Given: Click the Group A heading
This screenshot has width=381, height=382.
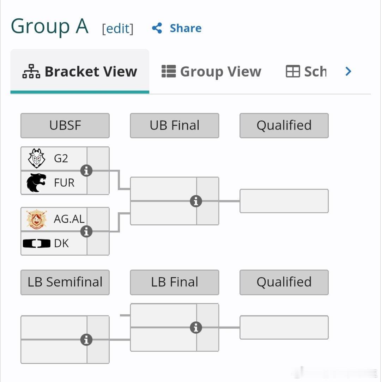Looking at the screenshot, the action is pos(49,26).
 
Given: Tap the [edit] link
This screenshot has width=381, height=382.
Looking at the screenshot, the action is pos(118,29).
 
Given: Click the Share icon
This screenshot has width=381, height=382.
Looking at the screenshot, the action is pos(157,28).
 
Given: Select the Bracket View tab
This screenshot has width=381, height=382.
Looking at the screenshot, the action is pos(80,71).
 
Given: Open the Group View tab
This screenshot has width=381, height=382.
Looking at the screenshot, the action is pos(211,71).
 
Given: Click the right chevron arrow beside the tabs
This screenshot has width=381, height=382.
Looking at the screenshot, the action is pos(348,71).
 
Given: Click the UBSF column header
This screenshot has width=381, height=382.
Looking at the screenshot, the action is pos(65,126).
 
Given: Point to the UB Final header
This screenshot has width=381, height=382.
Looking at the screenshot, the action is pos(174,126).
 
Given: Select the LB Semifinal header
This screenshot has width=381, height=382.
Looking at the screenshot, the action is pos(65,282).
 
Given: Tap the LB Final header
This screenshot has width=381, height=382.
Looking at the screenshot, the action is pos(174,282).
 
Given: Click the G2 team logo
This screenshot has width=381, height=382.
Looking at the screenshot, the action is pos(37,158).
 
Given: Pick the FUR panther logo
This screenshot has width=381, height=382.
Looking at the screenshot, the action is pos(36,183).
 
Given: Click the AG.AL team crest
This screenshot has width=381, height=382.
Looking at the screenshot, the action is pos(37,219).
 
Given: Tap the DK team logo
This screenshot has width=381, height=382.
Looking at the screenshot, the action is pos(37,243).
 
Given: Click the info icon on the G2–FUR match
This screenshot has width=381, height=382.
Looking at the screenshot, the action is pos(86,170).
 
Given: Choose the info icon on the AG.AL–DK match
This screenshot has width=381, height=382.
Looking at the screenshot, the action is pos(86,231).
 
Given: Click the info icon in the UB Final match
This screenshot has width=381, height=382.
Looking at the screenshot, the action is pos(196,201).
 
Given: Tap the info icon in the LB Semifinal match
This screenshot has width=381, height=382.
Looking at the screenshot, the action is pos(86,340).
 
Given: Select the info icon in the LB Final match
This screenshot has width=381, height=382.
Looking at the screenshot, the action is pos(196,327).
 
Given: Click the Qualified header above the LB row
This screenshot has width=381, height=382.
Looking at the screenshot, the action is pos(284,282).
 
